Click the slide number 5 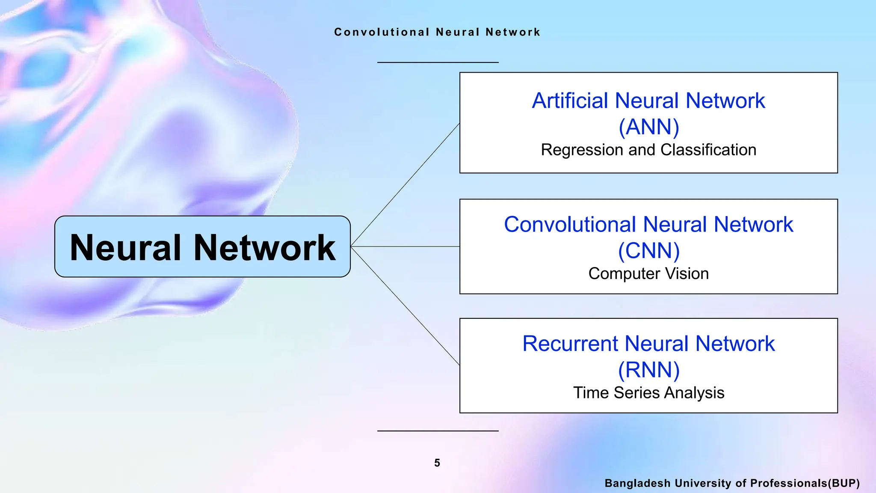437,463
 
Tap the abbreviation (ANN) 648,127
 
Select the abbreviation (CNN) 648,251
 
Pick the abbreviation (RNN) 648,370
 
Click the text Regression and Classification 648,150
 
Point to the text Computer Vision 648,274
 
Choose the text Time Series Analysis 648,393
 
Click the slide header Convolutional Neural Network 438,32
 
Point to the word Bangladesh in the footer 637,484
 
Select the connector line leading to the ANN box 405,185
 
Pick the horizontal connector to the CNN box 405,246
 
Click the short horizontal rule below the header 438,62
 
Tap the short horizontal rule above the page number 438,431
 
